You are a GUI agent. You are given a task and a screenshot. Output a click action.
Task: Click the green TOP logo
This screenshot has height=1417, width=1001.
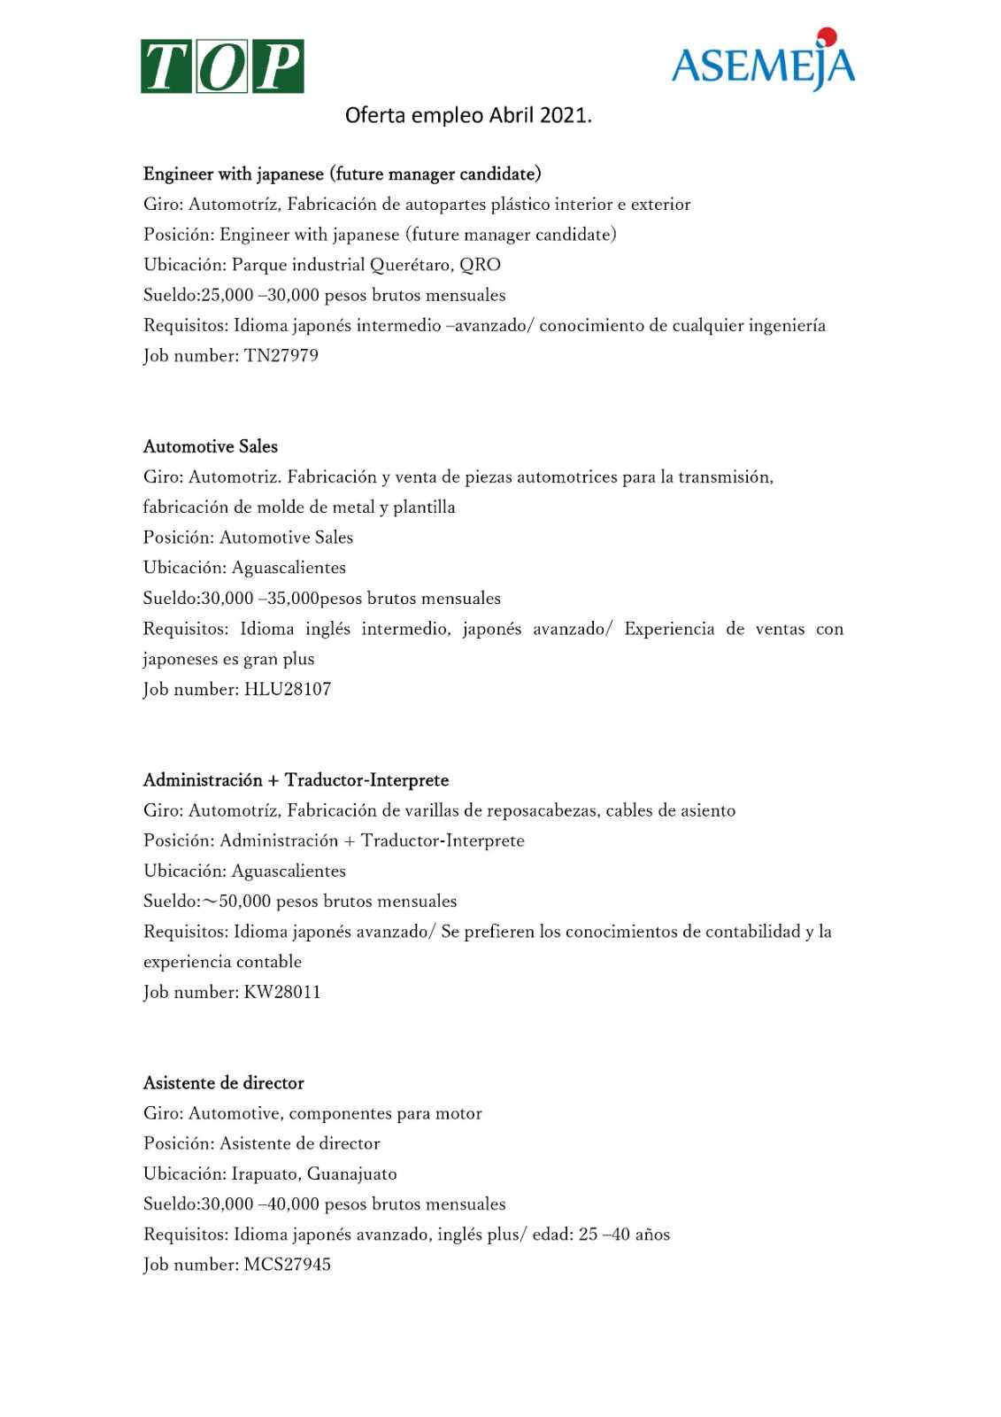pyautogui.click(x=222, y=66)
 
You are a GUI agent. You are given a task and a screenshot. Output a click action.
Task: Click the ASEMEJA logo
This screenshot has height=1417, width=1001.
pyautogui.click(x=763, y=62)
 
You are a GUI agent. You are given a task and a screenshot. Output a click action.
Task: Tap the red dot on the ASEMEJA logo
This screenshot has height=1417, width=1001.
pyautogui.click(x=827, y=37)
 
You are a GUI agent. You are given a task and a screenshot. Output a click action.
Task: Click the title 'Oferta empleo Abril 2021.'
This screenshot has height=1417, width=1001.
pyautogui.click(x=468, y=115)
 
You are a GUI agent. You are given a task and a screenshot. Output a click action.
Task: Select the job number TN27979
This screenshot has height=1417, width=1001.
pyautogui.click(x=281, y=356)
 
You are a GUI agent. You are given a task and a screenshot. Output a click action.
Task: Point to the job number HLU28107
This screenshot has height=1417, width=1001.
pyautogui.click(x=288, y=689)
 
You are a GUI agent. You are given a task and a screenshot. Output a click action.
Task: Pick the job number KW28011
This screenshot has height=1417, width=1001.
pyautogui.click(x=282, y=992)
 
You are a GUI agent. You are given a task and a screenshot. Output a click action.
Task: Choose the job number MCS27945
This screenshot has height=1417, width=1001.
pyautogui.click(x=288, y=1265)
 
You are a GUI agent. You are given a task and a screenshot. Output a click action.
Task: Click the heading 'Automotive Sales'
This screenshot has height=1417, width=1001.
pyautogui.click(x=211, y=446)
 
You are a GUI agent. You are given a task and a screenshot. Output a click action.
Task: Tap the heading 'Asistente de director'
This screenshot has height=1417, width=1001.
pyautogui.click(x=224, y=1083)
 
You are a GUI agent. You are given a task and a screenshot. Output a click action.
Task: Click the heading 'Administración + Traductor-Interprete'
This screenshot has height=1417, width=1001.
pyautogui.click(x=296, y=780)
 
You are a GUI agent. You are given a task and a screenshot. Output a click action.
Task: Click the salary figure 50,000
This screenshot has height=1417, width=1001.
pyautogui.click(x=244, y=902)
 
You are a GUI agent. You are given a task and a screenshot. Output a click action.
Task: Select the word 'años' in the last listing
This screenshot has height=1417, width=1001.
pyautogui.click(x=652, y=1235)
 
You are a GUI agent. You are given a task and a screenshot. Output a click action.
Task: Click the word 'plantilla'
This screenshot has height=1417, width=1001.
pyautogui.click(x=424, y=507)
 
